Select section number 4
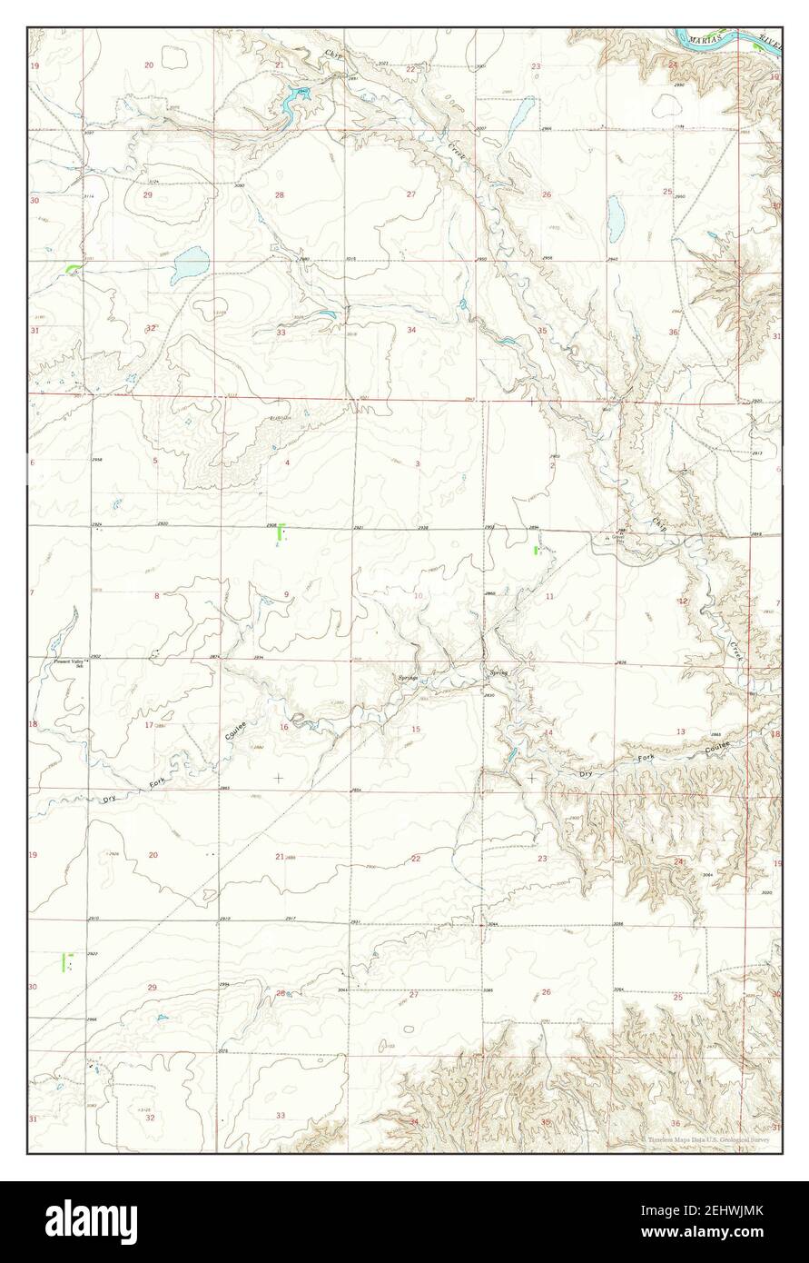coord(287,463)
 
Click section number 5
coord(155,462)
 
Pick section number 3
coord(418,463)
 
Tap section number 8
coord(156,596)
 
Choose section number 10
coord(418,596)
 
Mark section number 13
coord(680,731)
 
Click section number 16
coord(283,727)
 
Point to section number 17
coord(148,724)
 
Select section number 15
coord(416,730)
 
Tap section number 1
coord(682,466)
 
